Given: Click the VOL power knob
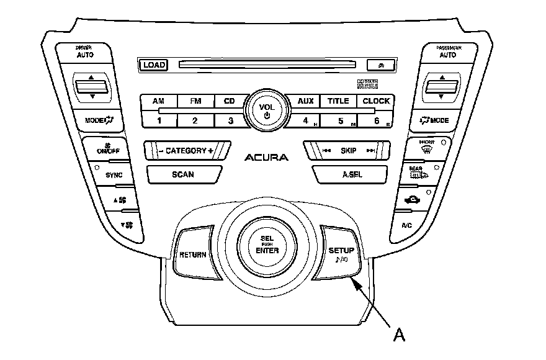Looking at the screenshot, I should pos(267,110).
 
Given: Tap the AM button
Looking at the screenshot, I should pos(159,101).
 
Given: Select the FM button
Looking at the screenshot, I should pos(195,101).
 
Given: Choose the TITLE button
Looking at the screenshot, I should pos(338,101).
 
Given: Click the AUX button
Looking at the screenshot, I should pos(305,101).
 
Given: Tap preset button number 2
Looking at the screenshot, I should pos(195,120).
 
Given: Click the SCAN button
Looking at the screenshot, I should pos(182,174).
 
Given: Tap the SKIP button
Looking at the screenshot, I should pos(347,151).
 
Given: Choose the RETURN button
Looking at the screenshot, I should pos(192,255).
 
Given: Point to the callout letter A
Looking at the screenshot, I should pos(400,335).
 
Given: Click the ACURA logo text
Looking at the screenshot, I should pos(266,158).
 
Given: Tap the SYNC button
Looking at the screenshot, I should pos(114,175).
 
